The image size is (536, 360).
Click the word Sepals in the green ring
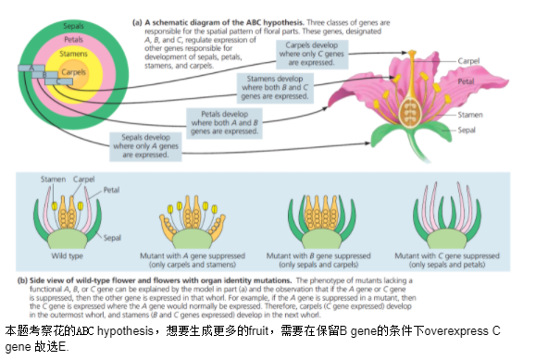click(x=73, y=26)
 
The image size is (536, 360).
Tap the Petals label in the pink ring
click(x=73, y=40)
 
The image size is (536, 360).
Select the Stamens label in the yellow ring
click(x=73, y=54)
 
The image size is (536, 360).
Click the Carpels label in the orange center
click(x=73, y=72)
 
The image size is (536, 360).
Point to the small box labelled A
click(x=31, y=68)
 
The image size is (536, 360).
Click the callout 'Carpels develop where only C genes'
click(x=312, y=54)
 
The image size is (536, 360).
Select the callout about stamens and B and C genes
click(x=275, y=88)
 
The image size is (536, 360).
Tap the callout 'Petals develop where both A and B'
click(x=224, y=123)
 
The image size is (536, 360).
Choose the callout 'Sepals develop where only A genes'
click(x=145, y=146)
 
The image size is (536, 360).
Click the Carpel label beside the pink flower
click(x=468, y=61)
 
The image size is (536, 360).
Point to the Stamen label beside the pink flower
click(x=470, y=115)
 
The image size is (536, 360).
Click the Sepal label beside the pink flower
click(x=467, y=130)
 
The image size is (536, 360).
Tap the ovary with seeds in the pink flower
click(x=409, y=112)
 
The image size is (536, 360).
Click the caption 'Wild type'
click(x=67, y=255)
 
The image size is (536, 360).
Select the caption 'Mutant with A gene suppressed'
click(x=193, y=255)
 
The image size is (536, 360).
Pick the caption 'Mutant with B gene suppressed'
click(x=318, y=255)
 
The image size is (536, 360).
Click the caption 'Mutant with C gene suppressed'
click(x=447, y=255)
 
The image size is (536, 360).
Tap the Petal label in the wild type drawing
click(x=111, y=190)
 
